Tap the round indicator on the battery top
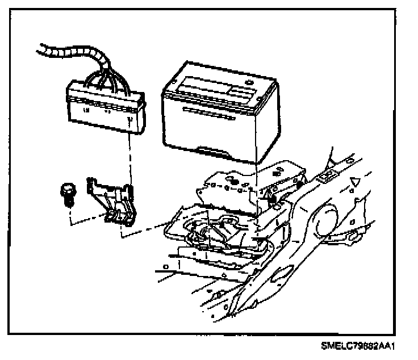tap(249, 82)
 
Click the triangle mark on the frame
tap(356, 182)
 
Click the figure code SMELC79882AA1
tap(357, 346)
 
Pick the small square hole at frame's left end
tap(165, 266)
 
